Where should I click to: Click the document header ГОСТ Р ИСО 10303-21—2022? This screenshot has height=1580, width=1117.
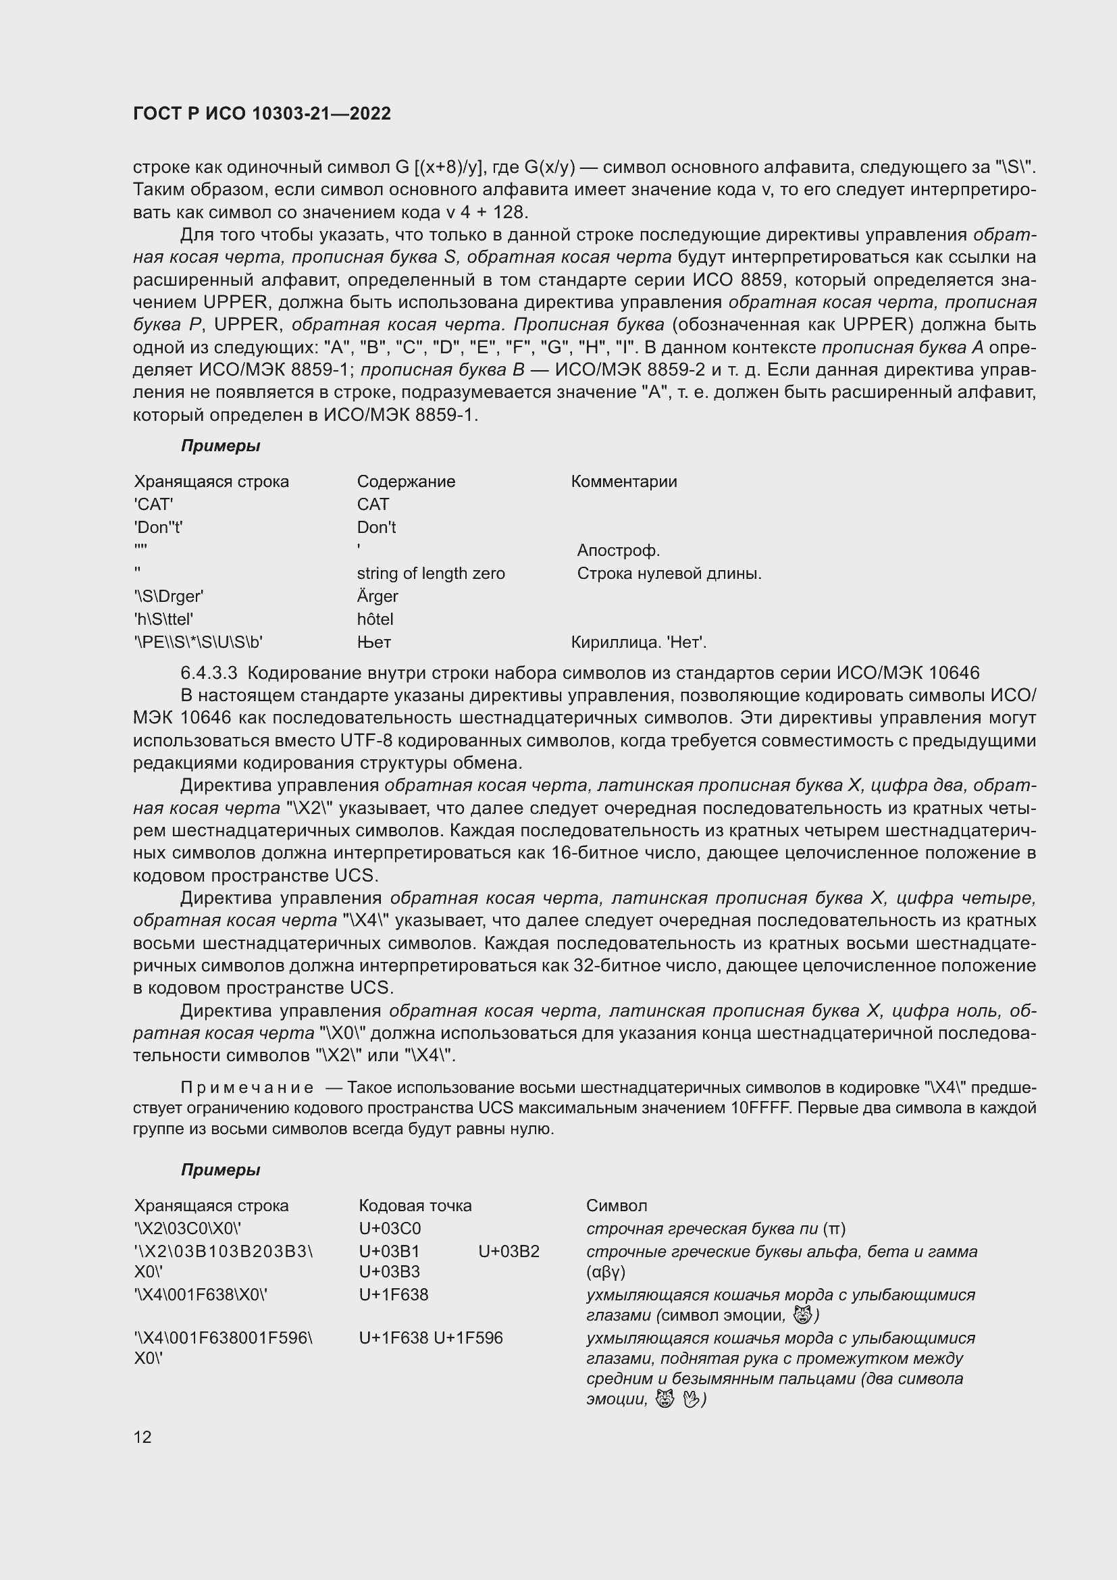[x=261, y=113]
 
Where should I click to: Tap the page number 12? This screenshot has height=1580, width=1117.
[x=142, y=1437]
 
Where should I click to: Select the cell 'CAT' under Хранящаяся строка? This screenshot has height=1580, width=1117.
[x=153, y=505]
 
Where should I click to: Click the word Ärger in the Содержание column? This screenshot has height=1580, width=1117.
[x=377, y=596]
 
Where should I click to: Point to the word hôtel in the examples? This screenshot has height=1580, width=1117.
[x=375, y=619]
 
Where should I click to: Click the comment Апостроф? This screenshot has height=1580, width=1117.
[x=618, y=551]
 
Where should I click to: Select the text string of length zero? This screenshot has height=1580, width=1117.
[x=431, y=574]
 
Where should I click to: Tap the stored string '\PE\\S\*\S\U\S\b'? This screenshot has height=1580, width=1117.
[x=198, y=642]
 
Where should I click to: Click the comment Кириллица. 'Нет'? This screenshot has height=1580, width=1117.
[x=638, y=642]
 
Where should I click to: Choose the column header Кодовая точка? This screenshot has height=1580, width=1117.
[x=415, y=1206]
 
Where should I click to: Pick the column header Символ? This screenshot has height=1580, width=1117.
[x=617, y=1206]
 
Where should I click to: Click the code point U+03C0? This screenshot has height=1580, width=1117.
[x=389, y=1228]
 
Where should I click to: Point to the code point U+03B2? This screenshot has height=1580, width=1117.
[x=509, y=1251]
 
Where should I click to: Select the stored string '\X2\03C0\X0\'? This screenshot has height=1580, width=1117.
[x=187, y=1228]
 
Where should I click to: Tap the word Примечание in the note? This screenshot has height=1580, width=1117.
[x=247, y=1088]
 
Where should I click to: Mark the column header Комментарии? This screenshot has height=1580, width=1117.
[x=623, y=481]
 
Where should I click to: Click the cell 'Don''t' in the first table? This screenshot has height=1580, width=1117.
[x=158, y=527]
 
